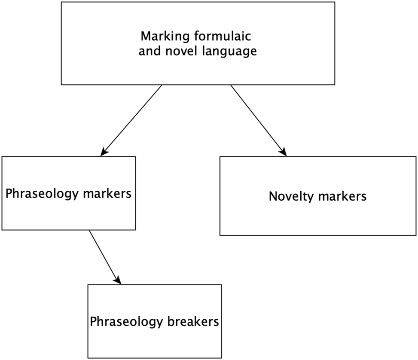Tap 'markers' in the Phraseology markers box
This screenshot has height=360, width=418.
(106, 193)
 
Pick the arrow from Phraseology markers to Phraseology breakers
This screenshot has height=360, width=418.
(104, 256)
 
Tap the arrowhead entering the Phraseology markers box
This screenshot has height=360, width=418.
(104, 152)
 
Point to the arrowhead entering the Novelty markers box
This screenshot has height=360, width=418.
(283, 152)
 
